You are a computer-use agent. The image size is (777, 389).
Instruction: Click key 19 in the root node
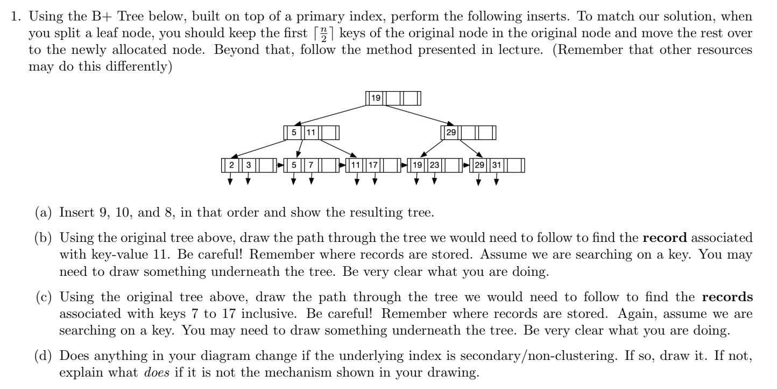pyautogui.click(x=376, y=99)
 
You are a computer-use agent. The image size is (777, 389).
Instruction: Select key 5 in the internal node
pyautogui.click(x=294, y=132)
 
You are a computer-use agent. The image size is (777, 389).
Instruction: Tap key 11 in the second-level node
pyautogui.click(x=312, y=132)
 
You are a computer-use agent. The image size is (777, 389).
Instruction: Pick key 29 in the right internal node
pyautogui.click(x=450, y=132)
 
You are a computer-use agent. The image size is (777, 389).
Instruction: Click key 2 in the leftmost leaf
pyautogui.click(x=231, y=165)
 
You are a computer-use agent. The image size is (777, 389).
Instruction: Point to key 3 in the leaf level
pyautogui.click(x=249, y=165)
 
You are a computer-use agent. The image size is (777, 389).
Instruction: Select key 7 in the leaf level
pyautogui.click(x=312, y=165)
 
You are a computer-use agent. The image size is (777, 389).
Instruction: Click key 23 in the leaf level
pyautogui.click(x=435, y=165)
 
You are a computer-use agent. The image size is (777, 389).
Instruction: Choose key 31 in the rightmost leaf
pyautogui.click(x=496, y=165)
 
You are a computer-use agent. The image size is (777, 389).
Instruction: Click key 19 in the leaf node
pyautogui.click(x=417, y=165)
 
